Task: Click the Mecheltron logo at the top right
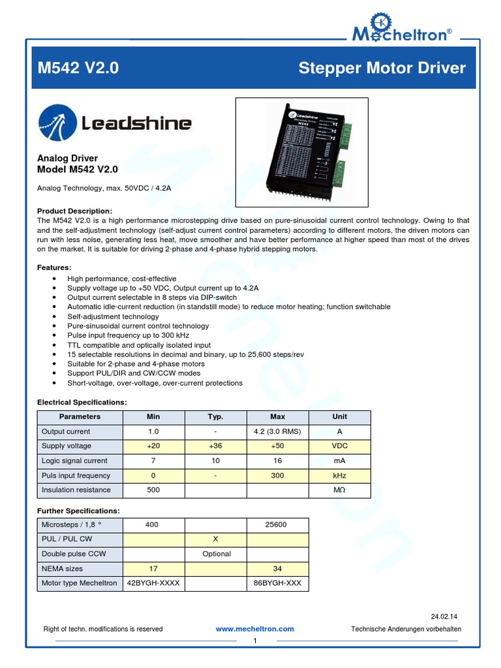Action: coord(401,27)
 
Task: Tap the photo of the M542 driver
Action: coord(301,147)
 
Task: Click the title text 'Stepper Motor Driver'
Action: coord(382,68)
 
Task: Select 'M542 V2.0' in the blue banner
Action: coord(78,68)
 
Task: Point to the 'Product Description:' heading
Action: coord(75,211)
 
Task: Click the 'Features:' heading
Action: coord(55,267)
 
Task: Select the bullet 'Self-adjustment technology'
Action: coord(113,316)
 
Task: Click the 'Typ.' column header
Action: coord(215,417)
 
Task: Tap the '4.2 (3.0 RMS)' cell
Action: coord(277,432)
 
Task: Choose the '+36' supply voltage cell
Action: coord(215,446)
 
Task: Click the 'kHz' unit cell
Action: coord(339,476)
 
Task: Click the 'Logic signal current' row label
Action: coord(74,461)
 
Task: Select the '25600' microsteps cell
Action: coord(277,524)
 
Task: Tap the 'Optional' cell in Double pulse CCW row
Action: coord(217,554)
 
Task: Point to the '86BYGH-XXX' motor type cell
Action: coord(277,583)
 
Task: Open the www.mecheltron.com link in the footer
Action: coord(254,629)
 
